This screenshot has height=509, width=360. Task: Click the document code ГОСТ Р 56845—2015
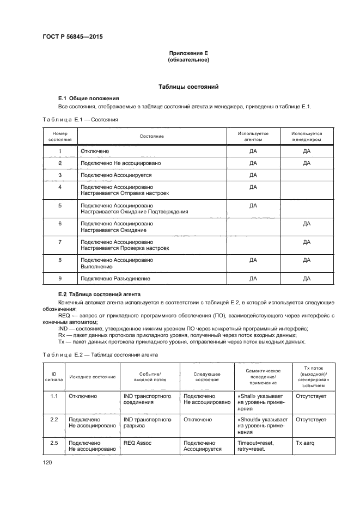[x=72, y=37]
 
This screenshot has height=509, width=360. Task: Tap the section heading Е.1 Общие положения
[x=88, y=98]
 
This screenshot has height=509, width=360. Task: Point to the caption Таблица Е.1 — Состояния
[x=80, y=119]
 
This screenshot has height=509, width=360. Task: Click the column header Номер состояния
[x=59, y=136]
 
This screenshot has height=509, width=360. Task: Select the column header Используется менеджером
[x=306, y=136]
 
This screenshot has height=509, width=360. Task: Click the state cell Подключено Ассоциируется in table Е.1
[x=115, y=175]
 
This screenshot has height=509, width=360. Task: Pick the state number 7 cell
[x=60, y=241]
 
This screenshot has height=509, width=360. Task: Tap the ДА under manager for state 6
[x=306, y=224]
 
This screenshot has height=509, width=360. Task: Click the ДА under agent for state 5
[x=253, y=205]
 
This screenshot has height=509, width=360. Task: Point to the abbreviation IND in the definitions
[x=63, y=328]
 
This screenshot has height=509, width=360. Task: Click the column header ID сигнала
[x=54, y=376]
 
